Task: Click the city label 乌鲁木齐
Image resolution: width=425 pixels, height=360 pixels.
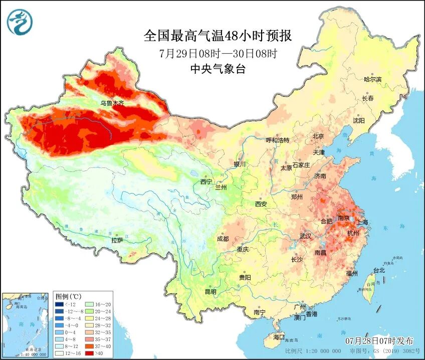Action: [x=111, y=103]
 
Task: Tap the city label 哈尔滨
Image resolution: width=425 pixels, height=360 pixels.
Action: [x=372, y=80]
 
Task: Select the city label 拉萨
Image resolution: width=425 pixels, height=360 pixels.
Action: [x=117, y=240]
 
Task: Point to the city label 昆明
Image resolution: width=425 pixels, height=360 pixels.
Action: [x=210, y=292]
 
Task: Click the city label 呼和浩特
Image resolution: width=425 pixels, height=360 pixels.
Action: [x=277, y=140]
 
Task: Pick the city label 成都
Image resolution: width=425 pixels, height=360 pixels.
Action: [x=223, y=239]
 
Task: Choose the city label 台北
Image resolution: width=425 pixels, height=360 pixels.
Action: [x=379, y=270]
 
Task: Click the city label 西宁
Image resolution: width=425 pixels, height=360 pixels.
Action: [x=206, y=182]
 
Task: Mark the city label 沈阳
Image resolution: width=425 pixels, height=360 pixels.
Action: [x=358, y=120]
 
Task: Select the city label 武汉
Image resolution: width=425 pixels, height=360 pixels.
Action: [x=305, y=236]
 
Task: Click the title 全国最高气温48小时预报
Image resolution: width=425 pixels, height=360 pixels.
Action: [x=217, y=36]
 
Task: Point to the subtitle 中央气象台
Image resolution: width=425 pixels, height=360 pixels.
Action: [x=218, y=70]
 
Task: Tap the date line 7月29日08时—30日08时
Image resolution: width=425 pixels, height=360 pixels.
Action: [x=218, y=53]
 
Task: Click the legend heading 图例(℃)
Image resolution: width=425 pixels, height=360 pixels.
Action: [x=69, y=296]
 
